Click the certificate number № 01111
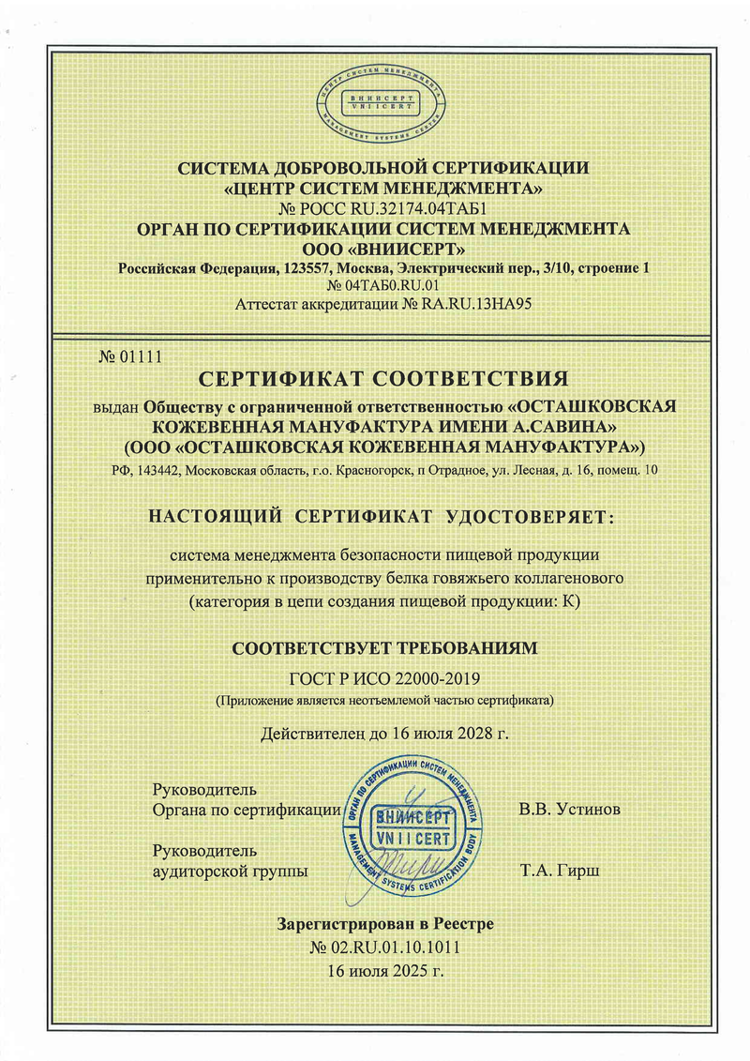pos(131,356)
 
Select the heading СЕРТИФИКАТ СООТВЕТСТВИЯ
pos(385,379)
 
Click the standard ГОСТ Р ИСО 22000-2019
pos(385,679)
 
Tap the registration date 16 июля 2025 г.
pos(385,970)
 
